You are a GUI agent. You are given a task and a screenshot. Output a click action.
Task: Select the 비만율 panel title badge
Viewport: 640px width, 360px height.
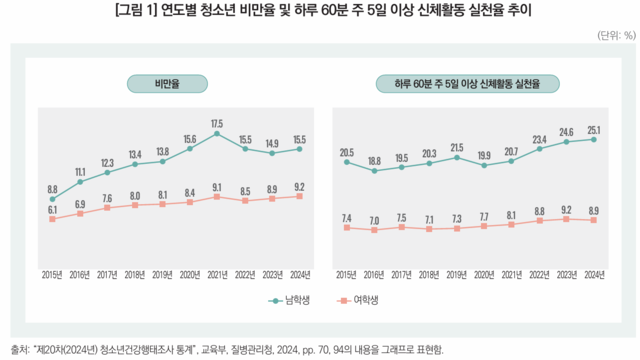point(166,85)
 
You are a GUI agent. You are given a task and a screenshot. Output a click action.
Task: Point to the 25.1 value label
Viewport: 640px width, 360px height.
point(594,129)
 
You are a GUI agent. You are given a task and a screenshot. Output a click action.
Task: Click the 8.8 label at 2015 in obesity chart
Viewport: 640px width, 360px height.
point(52,188)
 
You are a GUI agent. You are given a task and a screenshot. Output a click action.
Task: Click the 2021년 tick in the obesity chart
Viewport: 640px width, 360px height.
point(216,273)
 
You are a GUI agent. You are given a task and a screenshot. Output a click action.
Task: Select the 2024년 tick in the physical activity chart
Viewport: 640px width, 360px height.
point(594,273)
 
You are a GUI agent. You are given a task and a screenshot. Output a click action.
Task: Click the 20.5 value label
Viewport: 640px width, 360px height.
point(347,152)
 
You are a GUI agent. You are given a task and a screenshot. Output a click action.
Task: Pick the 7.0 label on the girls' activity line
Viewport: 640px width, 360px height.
point(374,220)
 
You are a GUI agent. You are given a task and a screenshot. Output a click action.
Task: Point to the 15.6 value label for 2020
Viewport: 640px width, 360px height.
point(189,139)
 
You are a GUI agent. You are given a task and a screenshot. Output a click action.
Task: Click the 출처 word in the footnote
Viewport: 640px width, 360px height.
point(19,349)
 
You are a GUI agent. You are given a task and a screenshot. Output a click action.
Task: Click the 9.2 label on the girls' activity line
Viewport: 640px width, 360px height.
point(566,209)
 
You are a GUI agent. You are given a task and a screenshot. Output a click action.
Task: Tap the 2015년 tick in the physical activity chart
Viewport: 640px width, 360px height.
point(347,273)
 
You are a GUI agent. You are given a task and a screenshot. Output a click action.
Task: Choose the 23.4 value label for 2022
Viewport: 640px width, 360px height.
point(539,139)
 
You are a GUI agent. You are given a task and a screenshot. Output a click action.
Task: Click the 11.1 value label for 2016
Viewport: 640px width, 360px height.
point(80,171)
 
